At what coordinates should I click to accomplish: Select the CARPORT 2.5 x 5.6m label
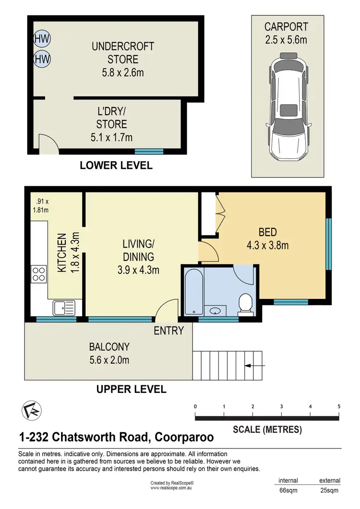pos(286,33)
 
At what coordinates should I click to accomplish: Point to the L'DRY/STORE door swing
pos(47,143)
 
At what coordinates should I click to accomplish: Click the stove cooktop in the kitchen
pos(38,274)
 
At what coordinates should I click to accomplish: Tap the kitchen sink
pos(64,307)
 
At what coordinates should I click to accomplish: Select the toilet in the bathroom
pos(246,304)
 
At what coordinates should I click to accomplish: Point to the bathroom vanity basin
pos(216,310)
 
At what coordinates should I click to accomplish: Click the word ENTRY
pos(168,331)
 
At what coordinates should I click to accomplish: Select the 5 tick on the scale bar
pos(339,407)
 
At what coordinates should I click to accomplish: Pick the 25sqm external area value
pos(329,490)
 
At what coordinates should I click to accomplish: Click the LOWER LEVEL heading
pos(116,166)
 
